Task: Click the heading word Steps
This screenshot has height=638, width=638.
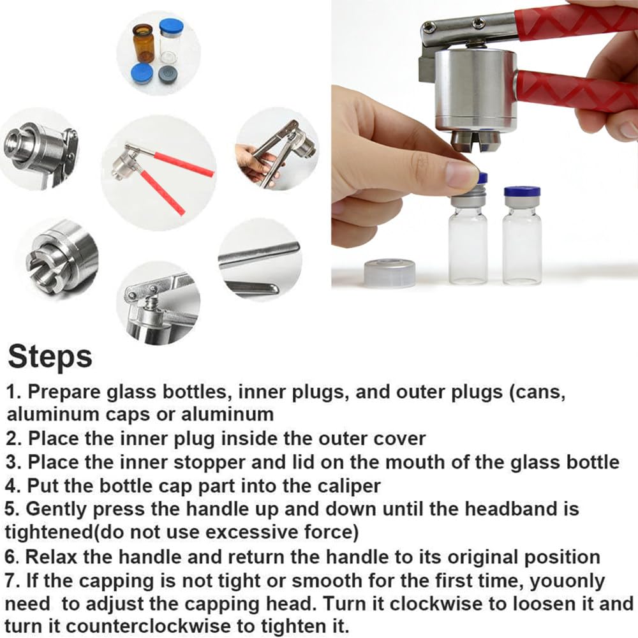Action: pyautogui.click(x=50, y=357)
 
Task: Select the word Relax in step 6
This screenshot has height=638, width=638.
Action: pyautogui.click(x=51, y=556)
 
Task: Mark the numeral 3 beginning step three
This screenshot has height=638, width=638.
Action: pyautogui.click(x=11, y=463)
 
